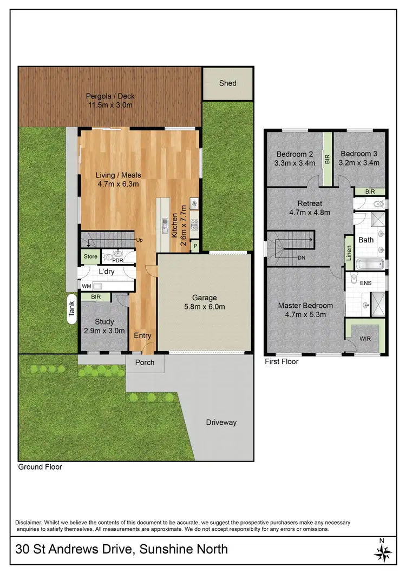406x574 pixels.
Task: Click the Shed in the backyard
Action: (227, 83)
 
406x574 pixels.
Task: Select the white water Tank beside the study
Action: (71, 309)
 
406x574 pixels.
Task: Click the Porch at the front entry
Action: (145, 362)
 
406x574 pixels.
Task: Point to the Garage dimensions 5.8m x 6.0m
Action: (205, 307)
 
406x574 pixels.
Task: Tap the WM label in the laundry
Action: (86, 285)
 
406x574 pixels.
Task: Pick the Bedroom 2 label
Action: (292, 153)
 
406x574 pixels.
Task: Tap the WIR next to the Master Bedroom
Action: (366, 339)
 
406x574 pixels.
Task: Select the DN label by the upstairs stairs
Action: (302, 258)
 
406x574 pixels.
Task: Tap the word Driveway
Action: (221, 423)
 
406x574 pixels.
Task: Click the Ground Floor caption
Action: (40, 467)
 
